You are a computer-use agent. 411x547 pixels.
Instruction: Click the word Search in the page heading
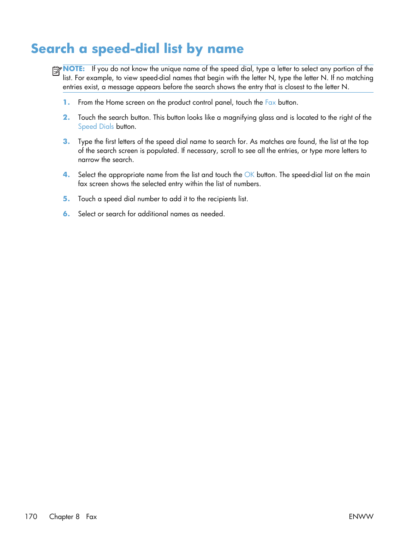(53, 49)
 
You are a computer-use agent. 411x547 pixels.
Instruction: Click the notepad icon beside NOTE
(56, 71)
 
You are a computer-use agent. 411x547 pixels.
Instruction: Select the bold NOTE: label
(74, 68)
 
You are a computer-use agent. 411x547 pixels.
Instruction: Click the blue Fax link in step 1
(270, 103)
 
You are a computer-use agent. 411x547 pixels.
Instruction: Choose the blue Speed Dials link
(96, 127)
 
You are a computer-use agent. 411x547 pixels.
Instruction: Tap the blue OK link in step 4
(249, 175)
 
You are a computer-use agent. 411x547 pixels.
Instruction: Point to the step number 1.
(66, 103)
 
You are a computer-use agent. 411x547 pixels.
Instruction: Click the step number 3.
(66, 142)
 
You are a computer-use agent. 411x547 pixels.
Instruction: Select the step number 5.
(66, 199)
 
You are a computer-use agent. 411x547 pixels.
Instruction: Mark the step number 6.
(66, 214)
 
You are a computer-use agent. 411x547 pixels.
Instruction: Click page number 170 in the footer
(31, 516)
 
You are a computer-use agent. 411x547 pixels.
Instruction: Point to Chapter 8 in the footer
(64, 516)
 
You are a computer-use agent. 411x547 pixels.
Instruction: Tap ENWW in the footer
(361, 516)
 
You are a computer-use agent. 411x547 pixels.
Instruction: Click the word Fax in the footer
(91, 516)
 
